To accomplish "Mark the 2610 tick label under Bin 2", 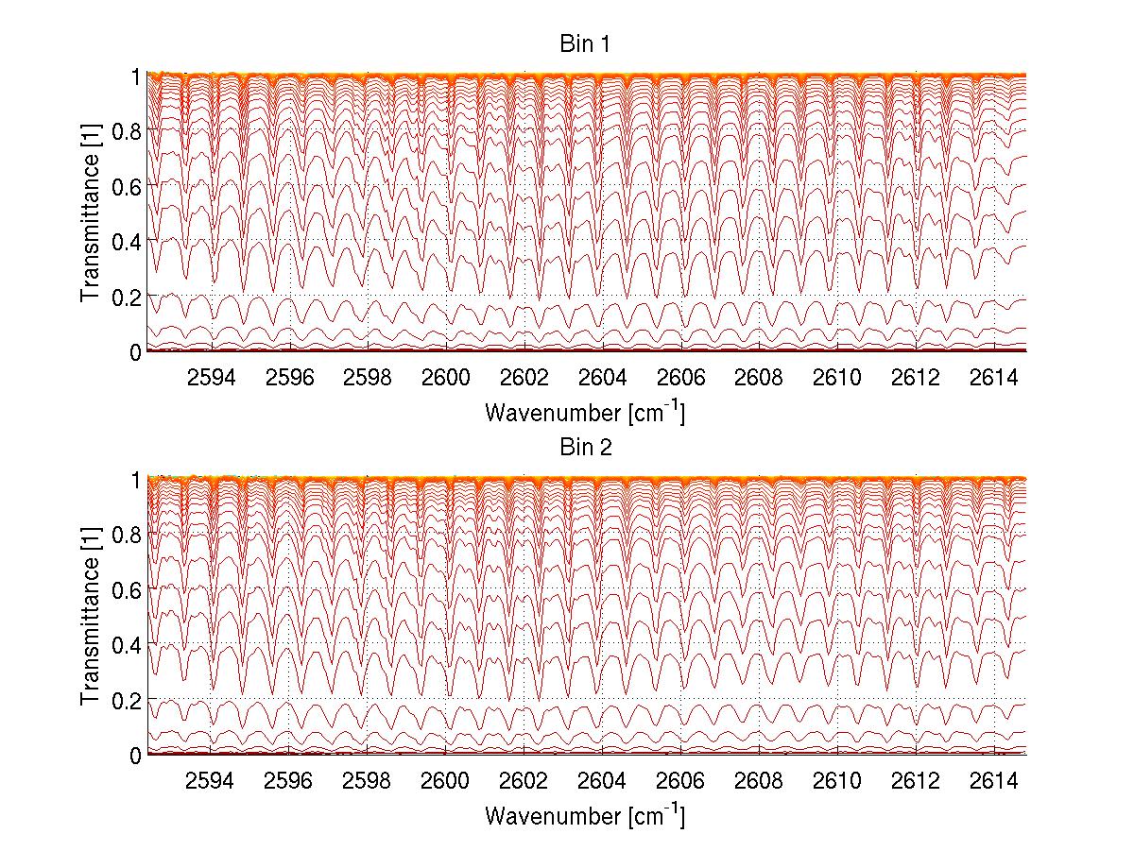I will (837, 782).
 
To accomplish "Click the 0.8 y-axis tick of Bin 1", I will (128, 131).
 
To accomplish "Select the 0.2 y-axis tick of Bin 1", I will (128, 297).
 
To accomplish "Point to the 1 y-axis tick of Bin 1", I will (136, 77).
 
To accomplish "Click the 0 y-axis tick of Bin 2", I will (136, 755).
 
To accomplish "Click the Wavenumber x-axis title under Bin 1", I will (585, 413).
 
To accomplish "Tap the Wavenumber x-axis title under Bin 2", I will (585, 815).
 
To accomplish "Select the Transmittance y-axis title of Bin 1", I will (91, 213).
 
